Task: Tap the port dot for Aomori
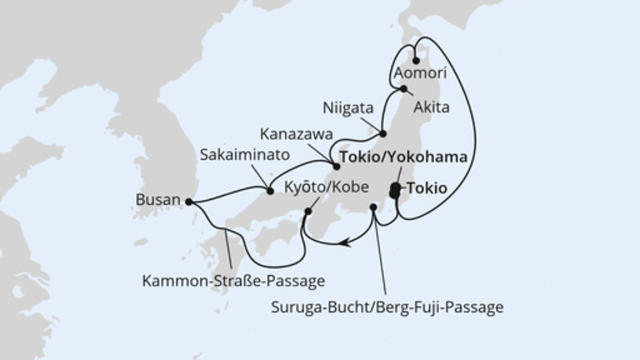416,59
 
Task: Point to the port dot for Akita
405,89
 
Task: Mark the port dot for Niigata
383,133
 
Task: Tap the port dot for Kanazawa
336,167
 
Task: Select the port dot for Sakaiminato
269,190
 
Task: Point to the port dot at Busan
190,201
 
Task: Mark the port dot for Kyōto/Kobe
308,212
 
